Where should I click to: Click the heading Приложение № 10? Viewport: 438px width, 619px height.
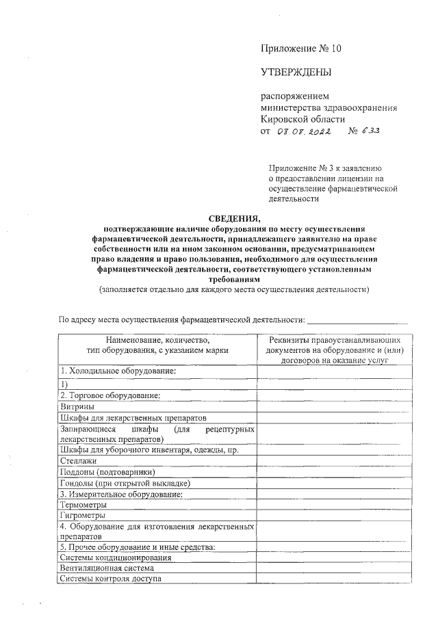click(300, 48)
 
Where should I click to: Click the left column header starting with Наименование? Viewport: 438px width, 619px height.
click(157, 344)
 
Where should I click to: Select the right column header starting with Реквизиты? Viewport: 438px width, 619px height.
click(335, 349)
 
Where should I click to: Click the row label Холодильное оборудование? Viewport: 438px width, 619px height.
click(118, 371)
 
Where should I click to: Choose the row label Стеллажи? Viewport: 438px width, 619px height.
click(79, 461)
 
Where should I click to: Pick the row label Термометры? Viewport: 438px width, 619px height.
click(83, 504)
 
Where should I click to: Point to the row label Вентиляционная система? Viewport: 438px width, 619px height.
click(106, 568)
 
